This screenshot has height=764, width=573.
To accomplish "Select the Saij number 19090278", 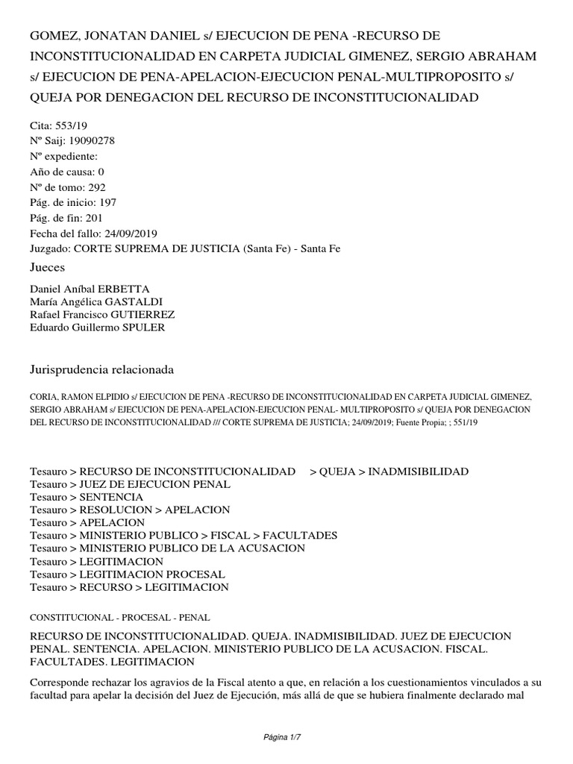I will point(90,140).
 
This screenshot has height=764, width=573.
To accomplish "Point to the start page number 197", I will point(104,202).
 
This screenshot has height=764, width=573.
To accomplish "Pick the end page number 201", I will point(94,218).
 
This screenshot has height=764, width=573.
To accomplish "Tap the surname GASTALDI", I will point(137,301).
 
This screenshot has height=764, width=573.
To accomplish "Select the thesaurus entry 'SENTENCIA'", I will point(111,497).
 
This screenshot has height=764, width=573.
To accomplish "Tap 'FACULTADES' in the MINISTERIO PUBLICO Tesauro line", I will point(301,536).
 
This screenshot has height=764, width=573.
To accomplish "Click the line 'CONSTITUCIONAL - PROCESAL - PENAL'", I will point(120,618).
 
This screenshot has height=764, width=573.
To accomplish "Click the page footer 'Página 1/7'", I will point(286,738).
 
